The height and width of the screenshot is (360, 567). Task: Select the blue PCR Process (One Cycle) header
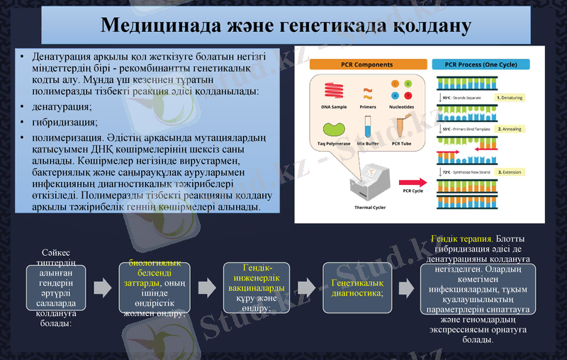pyautogui.click(x=481, y=64)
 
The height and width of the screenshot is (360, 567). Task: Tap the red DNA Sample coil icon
pyautogui.click(x=335, y=91)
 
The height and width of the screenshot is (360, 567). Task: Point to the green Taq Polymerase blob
pyautogui.click(x=335, y=130)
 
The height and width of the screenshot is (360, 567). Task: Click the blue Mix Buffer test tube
pyautogui.click(x=368, y=128)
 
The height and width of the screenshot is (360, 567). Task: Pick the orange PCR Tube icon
pyautogui.click(x=402, y=128)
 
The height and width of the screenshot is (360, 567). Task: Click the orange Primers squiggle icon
pyautogui.click(x=368, y=91)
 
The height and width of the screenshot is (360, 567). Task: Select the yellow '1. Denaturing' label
pyautogui.click(x=510, y=97)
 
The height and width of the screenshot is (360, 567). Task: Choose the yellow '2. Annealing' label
pyautogui.click(x=510, y=130)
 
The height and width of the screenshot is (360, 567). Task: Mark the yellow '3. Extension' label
pyautogui.click(x=510, y=172)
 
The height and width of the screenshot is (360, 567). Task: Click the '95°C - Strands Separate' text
pyautogui.click(x=465, y=97)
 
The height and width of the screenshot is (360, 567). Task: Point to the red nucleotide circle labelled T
pyautogui.click(x=408, y=96)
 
